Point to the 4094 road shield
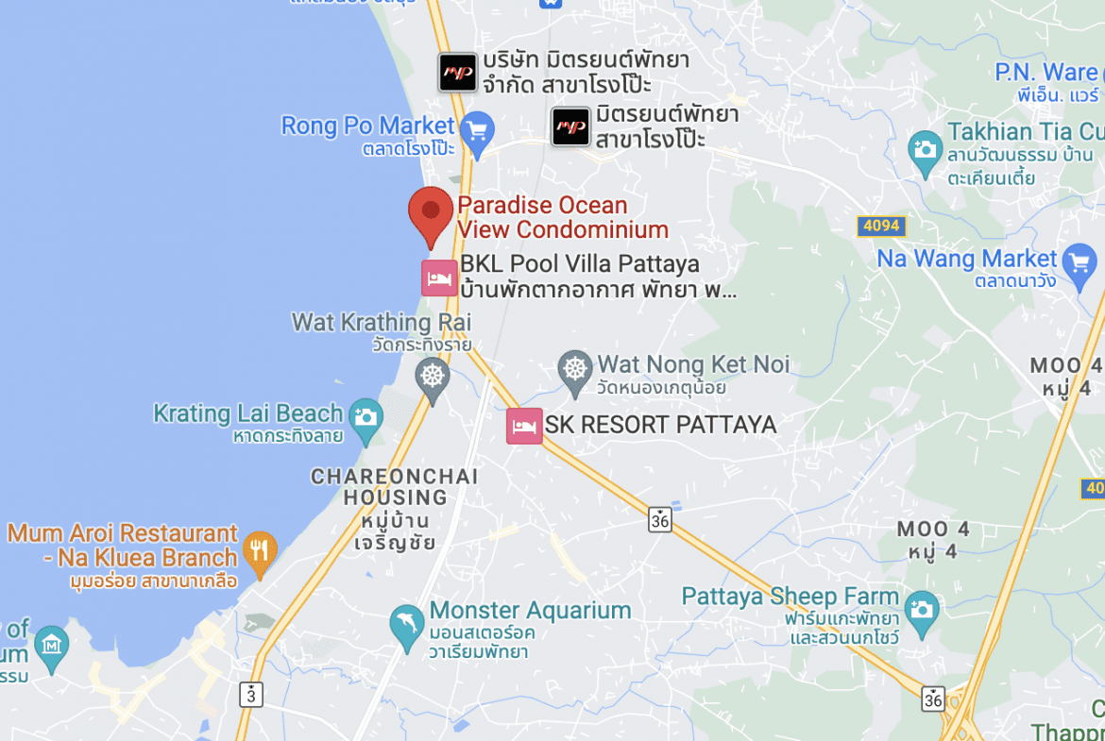[x=881, y=227]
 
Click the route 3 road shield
[x=251, y=695]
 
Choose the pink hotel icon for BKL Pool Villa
[x=439, y=278]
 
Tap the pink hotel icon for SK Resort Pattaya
[x=524, y=426]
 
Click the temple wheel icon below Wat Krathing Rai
[x=433, y=375]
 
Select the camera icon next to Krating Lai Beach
[x=365, y=416]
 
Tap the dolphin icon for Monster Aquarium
[x=407, y=623]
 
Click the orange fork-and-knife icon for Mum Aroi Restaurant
[x=259, y=547]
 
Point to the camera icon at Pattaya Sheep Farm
[x=921, y=606]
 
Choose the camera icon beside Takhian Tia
[x=925, y=149]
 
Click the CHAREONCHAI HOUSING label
[x=395, y=486]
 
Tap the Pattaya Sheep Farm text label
[x=790, y=597]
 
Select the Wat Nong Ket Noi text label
[x=693, y=364]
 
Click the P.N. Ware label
[x=1046, y=72]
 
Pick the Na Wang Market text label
[x=967, y=259]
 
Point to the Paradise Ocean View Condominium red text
[x=563, y=217]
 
